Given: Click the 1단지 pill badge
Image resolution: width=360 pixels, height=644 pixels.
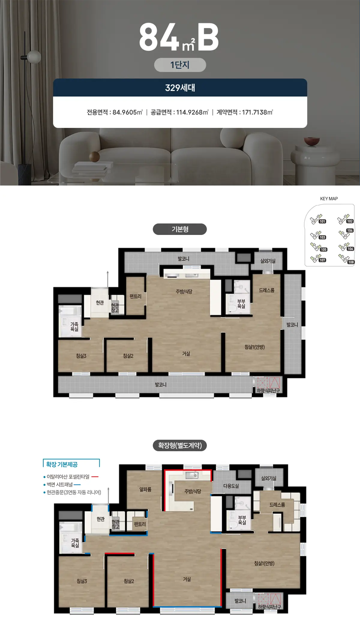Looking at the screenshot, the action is pyautogui.click(x=180, y=65).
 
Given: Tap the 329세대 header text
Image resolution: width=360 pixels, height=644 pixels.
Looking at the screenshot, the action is pyautogui.click(x=180, y=88).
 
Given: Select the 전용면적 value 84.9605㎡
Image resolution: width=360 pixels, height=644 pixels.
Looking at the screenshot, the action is pyautogui.click(x=127, y=112).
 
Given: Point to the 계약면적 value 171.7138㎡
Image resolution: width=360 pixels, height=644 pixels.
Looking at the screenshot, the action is pyautogui.click(x=257, y=112).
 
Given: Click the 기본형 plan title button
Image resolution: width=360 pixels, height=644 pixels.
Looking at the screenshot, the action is pyautogui.click(x=180, y=229).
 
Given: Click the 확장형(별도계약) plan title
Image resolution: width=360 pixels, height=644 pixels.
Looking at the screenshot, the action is pyautogui.click(x=180, y=445).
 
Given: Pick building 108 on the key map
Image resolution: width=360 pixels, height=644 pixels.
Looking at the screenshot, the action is pyautogui.click(x=351, y=262).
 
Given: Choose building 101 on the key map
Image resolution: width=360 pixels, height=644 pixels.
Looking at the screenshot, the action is pyautogui.click(x=322, y=221).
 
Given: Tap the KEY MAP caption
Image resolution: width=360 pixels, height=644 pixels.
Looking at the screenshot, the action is pyautogui.click(x=329, y=199).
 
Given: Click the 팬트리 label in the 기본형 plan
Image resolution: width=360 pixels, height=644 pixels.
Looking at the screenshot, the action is pyautogui.click(x=135, y=296).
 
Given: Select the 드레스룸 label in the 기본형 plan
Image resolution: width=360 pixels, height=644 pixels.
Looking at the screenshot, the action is pyautogui.click(x=267, y=290).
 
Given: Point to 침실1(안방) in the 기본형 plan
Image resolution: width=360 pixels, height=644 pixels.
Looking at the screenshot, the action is pyautogui.click(x=254, y=347).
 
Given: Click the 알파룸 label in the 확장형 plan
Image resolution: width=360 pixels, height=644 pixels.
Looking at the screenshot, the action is pyautogui.click(x=145, y=489).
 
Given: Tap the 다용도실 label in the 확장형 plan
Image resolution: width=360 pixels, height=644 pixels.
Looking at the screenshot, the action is pyautogui.click(x=231, y=486).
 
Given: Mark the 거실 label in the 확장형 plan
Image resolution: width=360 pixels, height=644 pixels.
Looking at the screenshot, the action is pyautogui.click(x=187, y=579).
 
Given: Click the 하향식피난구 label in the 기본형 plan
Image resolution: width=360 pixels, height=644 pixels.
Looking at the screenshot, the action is pyautogui.click(x=268, y=390).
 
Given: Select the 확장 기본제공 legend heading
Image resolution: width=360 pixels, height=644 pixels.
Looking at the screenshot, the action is pyautogui.click(x=62, y=464).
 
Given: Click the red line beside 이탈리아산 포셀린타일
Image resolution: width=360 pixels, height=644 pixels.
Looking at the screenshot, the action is pyautogui.click(x=95, y=477).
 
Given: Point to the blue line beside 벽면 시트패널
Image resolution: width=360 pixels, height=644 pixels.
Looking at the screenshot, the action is pyautogui.click(x=77, y=484).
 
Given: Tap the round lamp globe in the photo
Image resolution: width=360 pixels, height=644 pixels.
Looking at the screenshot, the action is pyautogui.click(x=34, y=57).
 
